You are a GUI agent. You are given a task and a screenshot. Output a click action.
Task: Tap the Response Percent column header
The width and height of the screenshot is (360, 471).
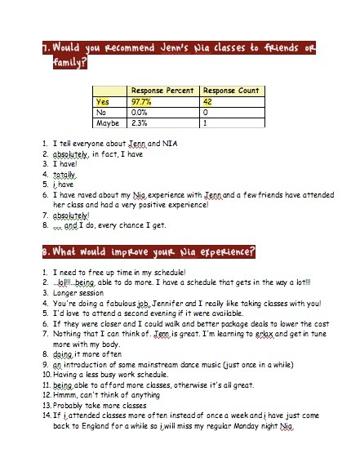pyautogui.click(x=162, y=91)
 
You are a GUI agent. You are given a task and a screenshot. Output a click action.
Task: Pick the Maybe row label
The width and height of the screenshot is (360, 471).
pyautogui.click(x=104, y=124)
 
